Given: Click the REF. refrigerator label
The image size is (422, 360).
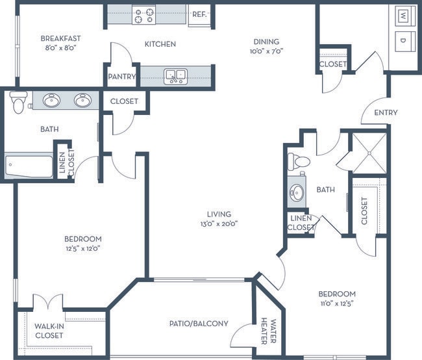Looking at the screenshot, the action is (199, 14).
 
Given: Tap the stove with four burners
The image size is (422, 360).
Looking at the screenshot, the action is (144, 15).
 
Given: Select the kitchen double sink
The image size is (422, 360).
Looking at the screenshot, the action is (175, 77).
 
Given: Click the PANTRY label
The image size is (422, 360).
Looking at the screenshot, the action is (122, 77).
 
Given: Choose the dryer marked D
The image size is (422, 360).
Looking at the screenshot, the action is (403, 41).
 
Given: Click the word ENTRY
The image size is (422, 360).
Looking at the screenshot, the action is (386, 112).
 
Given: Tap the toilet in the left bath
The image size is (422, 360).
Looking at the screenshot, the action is (18, 102).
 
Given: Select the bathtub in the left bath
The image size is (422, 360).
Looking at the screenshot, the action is (29, 166).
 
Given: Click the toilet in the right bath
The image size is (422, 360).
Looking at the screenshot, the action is (299, 162).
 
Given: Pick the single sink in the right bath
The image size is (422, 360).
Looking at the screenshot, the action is (297, 193).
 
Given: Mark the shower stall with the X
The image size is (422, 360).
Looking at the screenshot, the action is (369, 153).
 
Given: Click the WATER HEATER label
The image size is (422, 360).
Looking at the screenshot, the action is (269, 331).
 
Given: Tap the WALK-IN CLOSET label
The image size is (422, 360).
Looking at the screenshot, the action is (49, 331).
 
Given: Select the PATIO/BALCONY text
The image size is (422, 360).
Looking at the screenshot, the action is (199, 324).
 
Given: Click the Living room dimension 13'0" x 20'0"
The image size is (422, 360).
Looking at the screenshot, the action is (219, 224).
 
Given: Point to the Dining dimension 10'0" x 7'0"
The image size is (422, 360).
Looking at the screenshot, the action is (266, 51).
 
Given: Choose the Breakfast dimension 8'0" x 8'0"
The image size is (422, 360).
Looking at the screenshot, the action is (61, 48).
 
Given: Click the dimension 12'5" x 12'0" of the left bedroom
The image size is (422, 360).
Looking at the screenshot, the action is (83, 248).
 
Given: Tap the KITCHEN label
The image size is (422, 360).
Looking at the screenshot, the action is (160, 44).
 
